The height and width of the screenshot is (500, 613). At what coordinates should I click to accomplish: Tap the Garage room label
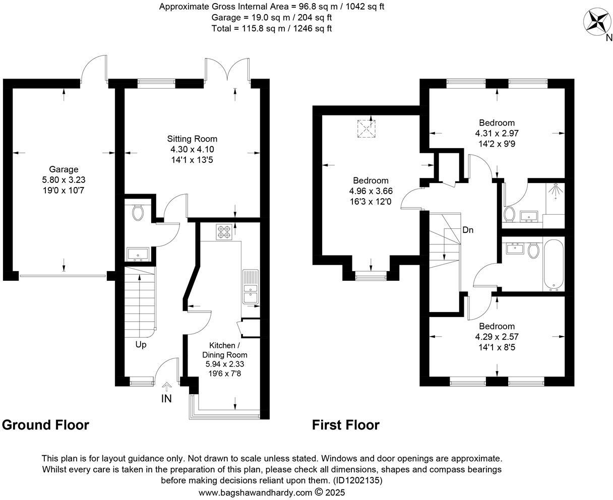click(64, 169)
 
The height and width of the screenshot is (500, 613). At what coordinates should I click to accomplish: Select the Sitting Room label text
click(192, 139)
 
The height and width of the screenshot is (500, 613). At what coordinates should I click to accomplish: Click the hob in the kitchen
click(223, 231)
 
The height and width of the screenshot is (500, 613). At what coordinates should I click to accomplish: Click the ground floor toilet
click(137, 212)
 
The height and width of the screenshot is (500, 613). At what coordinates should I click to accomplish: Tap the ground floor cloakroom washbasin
click(137, 253)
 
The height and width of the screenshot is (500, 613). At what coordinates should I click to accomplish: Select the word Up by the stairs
click(141, 345)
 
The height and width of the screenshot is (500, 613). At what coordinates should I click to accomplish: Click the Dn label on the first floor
click(468, 230)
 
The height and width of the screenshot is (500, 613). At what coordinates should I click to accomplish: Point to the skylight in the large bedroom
click(367, 128)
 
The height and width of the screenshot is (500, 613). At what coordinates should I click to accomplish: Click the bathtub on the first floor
click(553, 266)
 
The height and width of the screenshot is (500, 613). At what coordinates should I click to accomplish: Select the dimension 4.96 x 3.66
click(371, 191)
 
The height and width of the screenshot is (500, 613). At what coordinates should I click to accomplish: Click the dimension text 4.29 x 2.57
click(497, 337)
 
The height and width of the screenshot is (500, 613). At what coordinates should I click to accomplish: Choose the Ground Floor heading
click(46, 425)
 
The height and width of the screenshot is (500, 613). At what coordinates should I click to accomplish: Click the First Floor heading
click(345, 425)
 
